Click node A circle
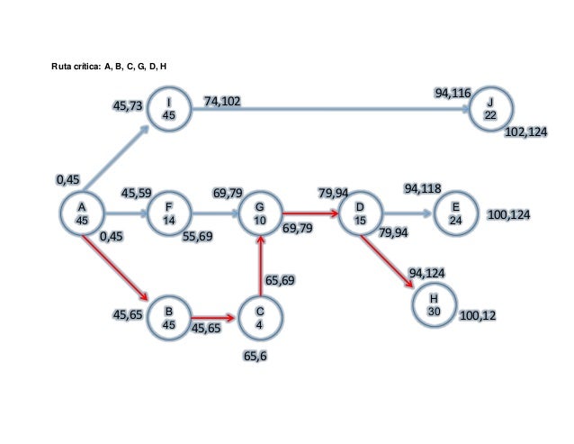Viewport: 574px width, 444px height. pyautogui.click(x=82, y=214)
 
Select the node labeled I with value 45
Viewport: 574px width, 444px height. pyautogui.click(x=168, y=109)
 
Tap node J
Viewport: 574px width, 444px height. pyautogui.click(x=490, y=110)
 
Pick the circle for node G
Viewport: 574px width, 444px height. pyautogui.click(x=259, y=214)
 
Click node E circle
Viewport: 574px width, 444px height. pyautogui.click(x=454, y=214)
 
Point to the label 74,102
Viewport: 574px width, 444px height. pyautogui.click(x=221, y=101)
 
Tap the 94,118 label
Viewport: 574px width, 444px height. pyautogui.click(x=422, y=188)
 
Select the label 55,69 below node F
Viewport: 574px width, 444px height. pyautogui.click(x=197, y=237)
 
